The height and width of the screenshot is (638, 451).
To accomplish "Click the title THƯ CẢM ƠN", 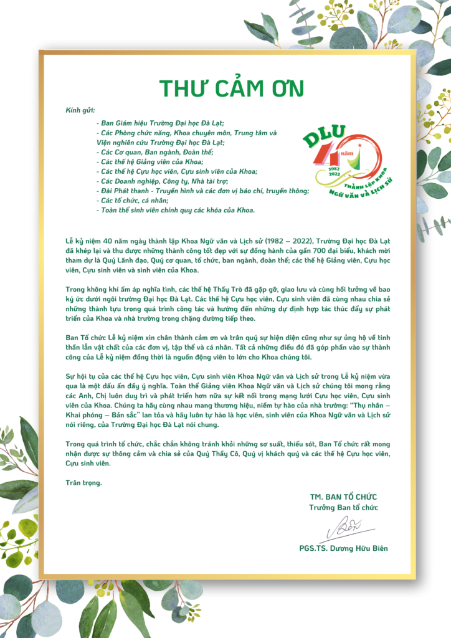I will (232, 88).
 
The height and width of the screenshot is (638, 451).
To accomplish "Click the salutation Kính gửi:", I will (80, 110).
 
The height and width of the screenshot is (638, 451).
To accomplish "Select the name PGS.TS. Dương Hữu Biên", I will (343, 548).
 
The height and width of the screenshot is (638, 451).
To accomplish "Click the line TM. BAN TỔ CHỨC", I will (343, 497).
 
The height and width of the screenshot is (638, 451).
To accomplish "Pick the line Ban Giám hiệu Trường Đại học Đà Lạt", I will (161, 123).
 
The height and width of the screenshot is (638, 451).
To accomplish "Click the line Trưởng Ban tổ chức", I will (343, 507).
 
